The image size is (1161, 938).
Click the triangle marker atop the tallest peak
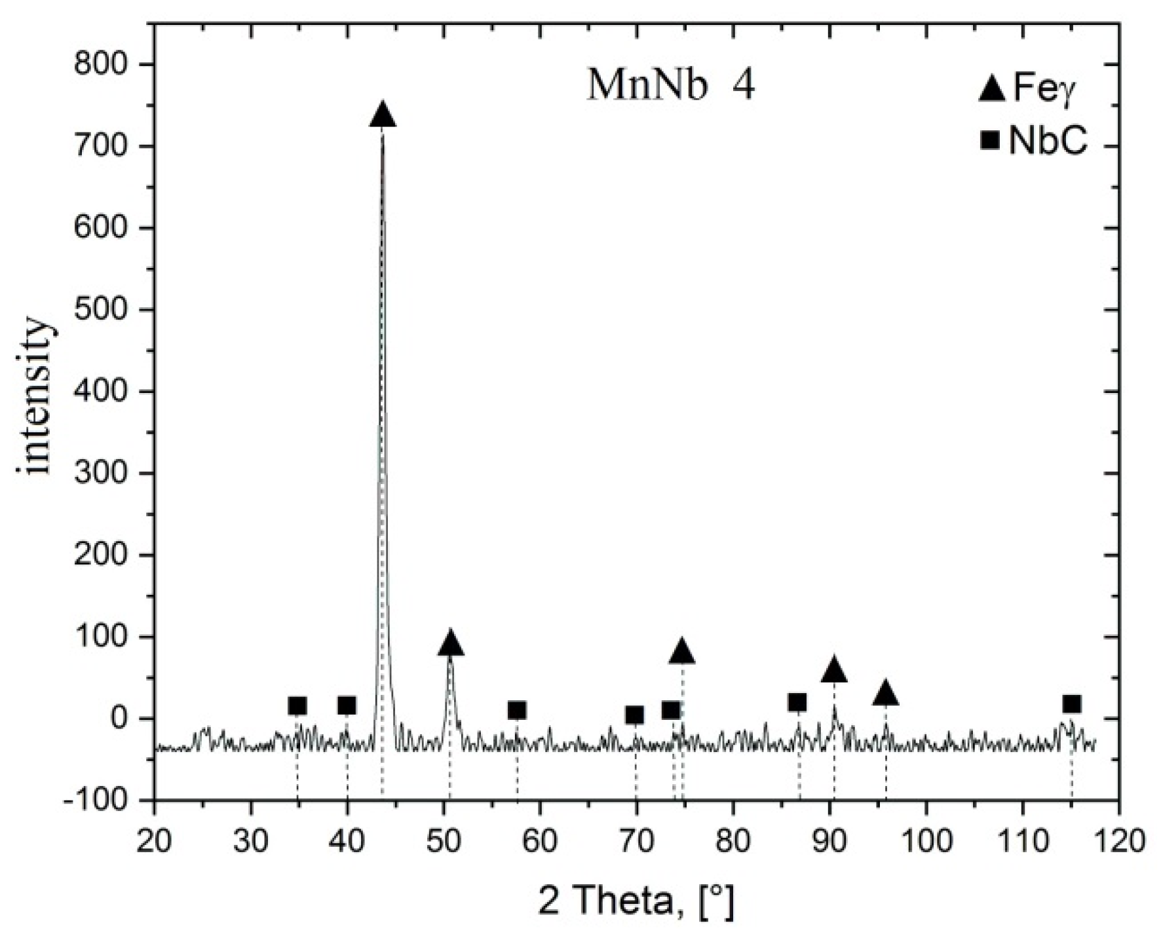click(x=383, y=115)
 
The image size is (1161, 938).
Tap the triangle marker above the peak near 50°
click(x=450, y=644)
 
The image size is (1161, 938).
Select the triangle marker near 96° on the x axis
click(x=886, y=694)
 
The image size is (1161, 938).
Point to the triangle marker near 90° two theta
click(x=833, y=670)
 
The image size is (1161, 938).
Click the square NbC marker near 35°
click(x=297, y=705)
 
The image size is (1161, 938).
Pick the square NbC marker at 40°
click(x=347, y=705)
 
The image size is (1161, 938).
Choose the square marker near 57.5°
click(x=517, y=710)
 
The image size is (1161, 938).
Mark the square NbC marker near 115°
click(x=1071, y=704)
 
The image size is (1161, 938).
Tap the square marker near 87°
click(x=797, y=702)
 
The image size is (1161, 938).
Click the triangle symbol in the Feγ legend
click(x=992, y=89)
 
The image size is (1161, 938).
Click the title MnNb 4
click(x=670, y=86)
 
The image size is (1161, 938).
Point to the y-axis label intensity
click(x=34, y=396)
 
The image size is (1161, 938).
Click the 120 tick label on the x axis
click(x=1118, y=840)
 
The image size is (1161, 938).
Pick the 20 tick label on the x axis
click(x=155, y=840)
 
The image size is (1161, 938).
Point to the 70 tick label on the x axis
click(x=636, y=840)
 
